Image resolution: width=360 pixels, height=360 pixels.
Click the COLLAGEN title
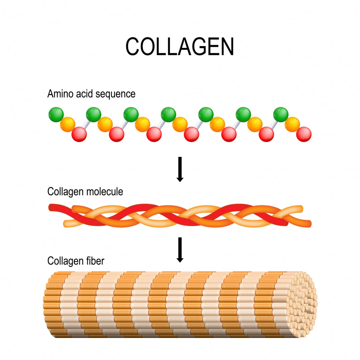(180, 46)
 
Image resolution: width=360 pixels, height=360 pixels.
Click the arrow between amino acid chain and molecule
(180, 169)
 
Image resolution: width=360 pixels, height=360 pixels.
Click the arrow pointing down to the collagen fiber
(180, 250)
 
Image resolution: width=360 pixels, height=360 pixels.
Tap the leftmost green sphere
(56, 115)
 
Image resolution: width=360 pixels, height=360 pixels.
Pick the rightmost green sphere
(281, 115)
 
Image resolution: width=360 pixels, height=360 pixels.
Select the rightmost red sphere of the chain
(304, 134)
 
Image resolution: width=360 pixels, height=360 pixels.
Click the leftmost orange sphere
(67, 124)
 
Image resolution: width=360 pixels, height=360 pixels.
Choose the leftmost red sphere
(79, 135)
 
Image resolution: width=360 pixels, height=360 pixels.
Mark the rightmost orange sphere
(292, 124)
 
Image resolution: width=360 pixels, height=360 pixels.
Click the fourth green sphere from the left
(168, 115)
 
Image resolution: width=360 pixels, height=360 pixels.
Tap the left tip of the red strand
(50, 208)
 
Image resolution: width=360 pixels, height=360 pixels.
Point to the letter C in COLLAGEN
(133, 46)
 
